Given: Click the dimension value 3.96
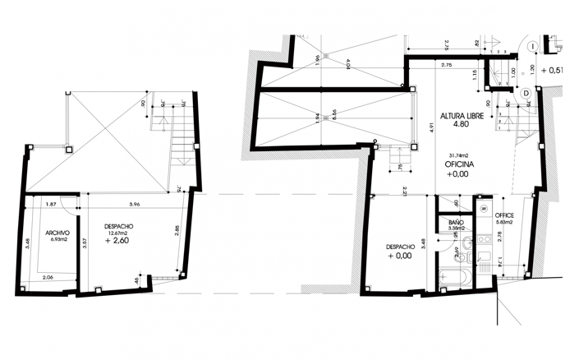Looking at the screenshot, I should [x=135, y=205].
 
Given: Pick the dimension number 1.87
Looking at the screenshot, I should [x=51, y=205].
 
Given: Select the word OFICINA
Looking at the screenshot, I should [x=457, y=164].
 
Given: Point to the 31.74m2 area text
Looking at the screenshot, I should [x=457, y=155].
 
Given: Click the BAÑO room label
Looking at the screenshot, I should [x=457, y=223].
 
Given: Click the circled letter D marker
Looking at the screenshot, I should [x=526, y=94].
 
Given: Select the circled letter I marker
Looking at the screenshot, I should [x=532, y=45].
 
